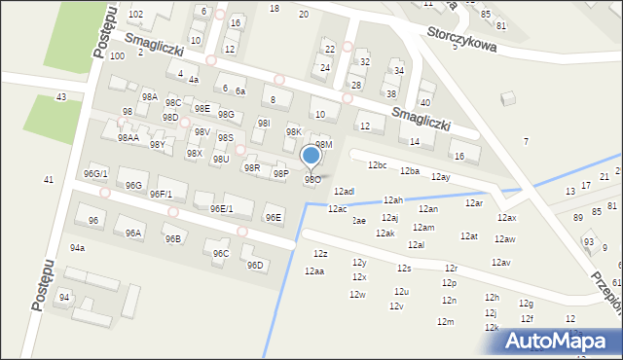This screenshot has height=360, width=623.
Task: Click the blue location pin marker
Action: pos(311,156)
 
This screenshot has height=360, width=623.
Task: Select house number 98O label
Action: pos(312,179)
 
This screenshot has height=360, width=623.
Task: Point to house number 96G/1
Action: pos(95,173)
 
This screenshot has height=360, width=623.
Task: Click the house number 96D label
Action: pos(255,265)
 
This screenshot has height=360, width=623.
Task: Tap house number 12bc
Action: pos(377,164)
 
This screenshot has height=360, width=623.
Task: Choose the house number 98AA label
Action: pos(128,138)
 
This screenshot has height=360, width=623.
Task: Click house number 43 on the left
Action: pos(61,96)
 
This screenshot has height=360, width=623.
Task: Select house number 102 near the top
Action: pos(135,14)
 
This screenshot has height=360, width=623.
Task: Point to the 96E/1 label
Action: pos(221,208)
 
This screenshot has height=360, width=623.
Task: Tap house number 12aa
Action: pos(313,270)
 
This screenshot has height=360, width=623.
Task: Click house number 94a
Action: pos(77,247)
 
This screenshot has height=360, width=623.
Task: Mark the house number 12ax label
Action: pos(507,218)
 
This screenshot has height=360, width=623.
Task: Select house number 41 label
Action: pos(49,179)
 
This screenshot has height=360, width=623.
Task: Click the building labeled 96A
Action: pos(133,233)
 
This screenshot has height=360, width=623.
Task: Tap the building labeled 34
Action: pos(398,70)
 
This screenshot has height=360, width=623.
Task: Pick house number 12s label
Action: pos(404,268)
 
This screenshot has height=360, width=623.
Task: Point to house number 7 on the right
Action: pos(526,141)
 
